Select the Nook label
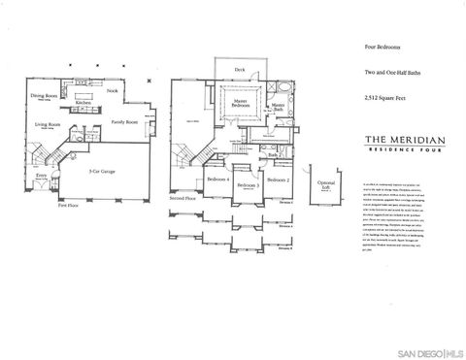pos(113,90)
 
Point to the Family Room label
pos(124,122)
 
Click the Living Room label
pos(50,124)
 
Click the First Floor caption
pos(67,206)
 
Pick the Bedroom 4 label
pos(218,180)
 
